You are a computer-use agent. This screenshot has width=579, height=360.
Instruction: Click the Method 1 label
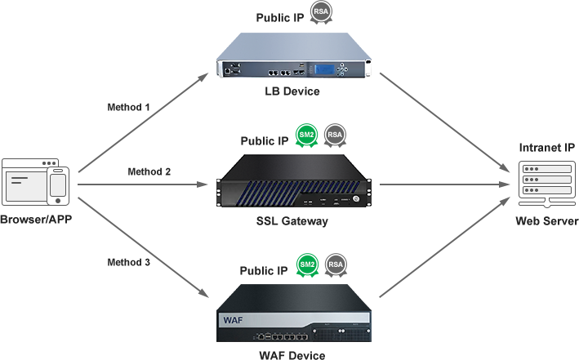click(x=129, y=107)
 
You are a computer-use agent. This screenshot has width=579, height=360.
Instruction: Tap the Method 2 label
click(x=149, y=171)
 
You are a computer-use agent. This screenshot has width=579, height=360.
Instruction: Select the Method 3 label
click(x=129, y=261)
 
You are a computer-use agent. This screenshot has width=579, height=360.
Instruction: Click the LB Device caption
click(x=292, y=91)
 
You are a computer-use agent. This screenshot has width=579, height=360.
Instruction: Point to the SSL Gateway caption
click(x=292, y=221)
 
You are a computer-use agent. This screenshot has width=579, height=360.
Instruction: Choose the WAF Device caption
click(x=292, y=355)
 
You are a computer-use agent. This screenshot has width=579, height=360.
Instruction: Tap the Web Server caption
click(x=546, y=221)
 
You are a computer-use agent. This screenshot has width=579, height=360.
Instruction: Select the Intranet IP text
click(x=546, y=148)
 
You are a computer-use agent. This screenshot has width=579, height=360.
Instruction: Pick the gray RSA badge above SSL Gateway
click(x=334, y=136)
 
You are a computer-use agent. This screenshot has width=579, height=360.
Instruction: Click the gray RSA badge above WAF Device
click(x=334, y=266)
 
